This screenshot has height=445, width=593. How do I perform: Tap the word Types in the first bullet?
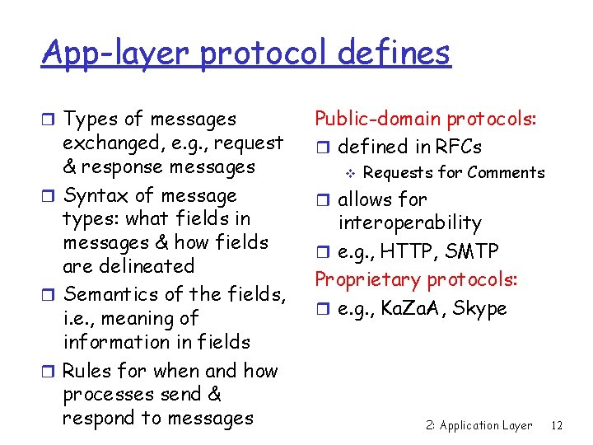point(91,120)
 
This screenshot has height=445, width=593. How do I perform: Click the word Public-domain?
point(378,120)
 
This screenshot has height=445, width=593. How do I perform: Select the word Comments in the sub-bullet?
point(506,172)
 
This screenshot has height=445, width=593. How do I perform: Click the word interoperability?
point(409,222)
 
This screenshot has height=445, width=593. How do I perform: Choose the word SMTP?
point(474,251)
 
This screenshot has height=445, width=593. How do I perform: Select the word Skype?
point(479,309)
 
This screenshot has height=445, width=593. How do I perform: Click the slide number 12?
point(557,425)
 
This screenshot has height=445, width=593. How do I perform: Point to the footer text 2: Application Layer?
point(479,425)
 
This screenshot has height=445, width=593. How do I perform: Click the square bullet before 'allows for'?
point(325,200)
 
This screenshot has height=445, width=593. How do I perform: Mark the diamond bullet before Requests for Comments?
point(349,173)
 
